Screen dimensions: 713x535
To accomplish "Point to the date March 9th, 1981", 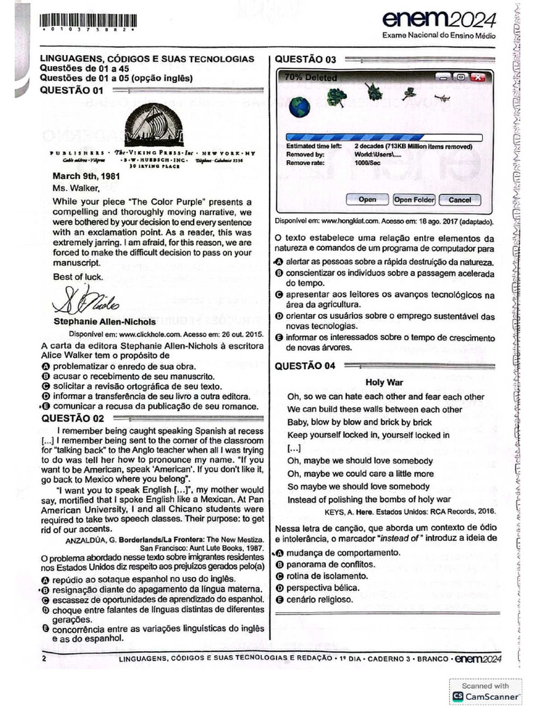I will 86,175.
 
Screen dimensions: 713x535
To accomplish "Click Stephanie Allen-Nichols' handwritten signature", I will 79,301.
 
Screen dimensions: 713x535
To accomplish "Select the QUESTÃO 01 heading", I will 72,90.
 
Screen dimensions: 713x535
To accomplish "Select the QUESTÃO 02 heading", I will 72,418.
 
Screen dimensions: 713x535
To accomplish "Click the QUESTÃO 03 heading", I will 306,59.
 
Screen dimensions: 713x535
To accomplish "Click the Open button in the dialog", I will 367,200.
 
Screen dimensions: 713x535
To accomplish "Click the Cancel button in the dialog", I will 460,200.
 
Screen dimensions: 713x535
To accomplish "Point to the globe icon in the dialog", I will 300,107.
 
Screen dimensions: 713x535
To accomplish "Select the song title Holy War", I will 385,382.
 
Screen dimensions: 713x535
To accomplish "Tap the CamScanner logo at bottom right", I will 486,696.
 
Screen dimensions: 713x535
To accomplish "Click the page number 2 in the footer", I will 44,659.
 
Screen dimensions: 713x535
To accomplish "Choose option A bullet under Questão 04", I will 279,551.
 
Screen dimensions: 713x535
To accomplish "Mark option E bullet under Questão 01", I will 45,406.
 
